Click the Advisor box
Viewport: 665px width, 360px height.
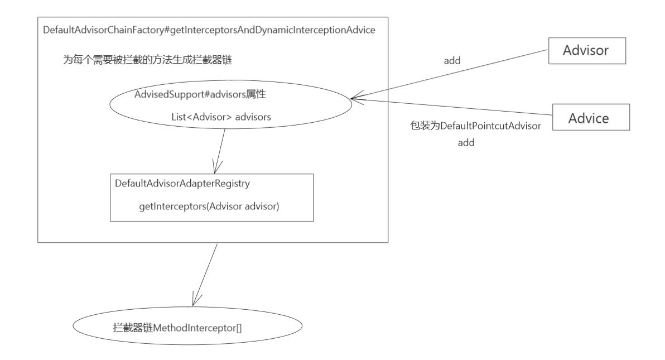pos(588,51)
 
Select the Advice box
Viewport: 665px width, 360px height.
pos(591,118)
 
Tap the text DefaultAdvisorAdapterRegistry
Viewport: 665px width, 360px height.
pos(181,183)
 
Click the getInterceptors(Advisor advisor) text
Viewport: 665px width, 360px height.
pos(209,207)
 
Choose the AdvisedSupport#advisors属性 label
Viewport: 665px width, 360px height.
pos(200,94)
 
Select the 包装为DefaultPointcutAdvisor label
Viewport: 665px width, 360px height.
pos(476,126)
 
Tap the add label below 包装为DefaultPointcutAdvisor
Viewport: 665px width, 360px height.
pos(466,143)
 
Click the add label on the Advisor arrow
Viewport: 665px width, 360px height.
pos(452,61)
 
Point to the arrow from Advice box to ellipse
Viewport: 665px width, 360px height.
pos(452,107)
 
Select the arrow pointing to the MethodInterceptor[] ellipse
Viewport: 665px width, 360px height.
pos(205,273)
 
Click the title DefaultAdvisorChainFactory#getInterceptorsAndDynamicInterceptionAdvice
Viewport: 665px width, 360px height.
pos(209,30)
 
